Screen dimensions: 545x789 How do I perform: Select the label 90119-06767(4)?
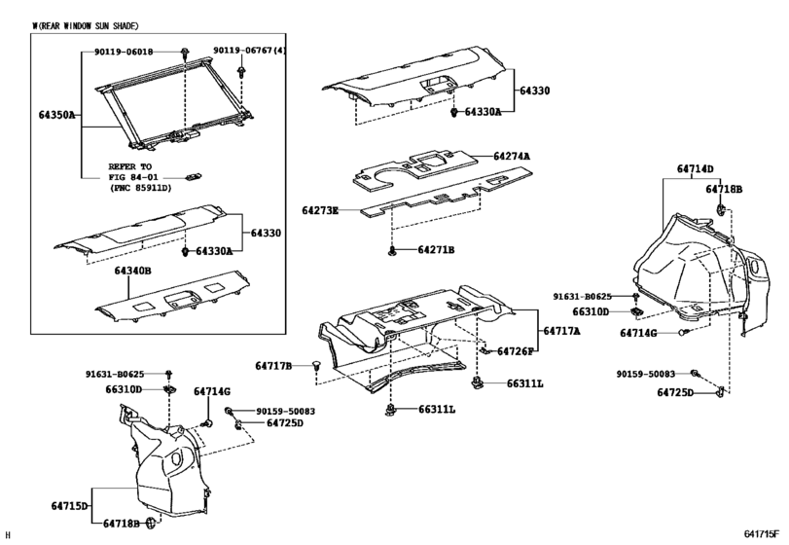click(249, 50)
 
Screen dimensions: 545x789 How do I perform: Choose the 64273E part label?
click(320, 210)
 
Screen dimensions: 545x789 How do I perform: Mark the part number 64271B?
click(436, 250)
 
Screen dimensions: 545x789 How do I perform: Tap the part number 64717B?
click(274, 366)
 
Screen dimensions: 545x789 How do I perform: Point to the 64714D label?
click(696, 168)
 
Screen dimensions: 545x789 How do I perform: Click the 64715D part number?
click(66, 506)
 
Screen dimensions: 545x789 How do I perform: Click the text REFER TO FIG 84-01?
click(136, 172)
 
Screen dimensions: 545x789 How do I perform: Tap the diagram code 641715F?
click(762, 534)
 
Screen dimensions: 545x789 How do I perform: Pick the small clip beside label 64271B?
click(391, 251)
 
